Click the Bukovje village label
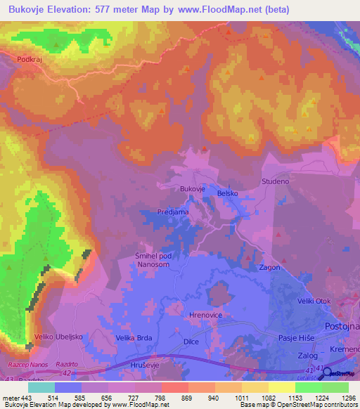tap(192, 189)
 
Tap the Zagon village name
tap(270, 267)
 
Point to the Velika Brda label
tap(135, 338)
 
